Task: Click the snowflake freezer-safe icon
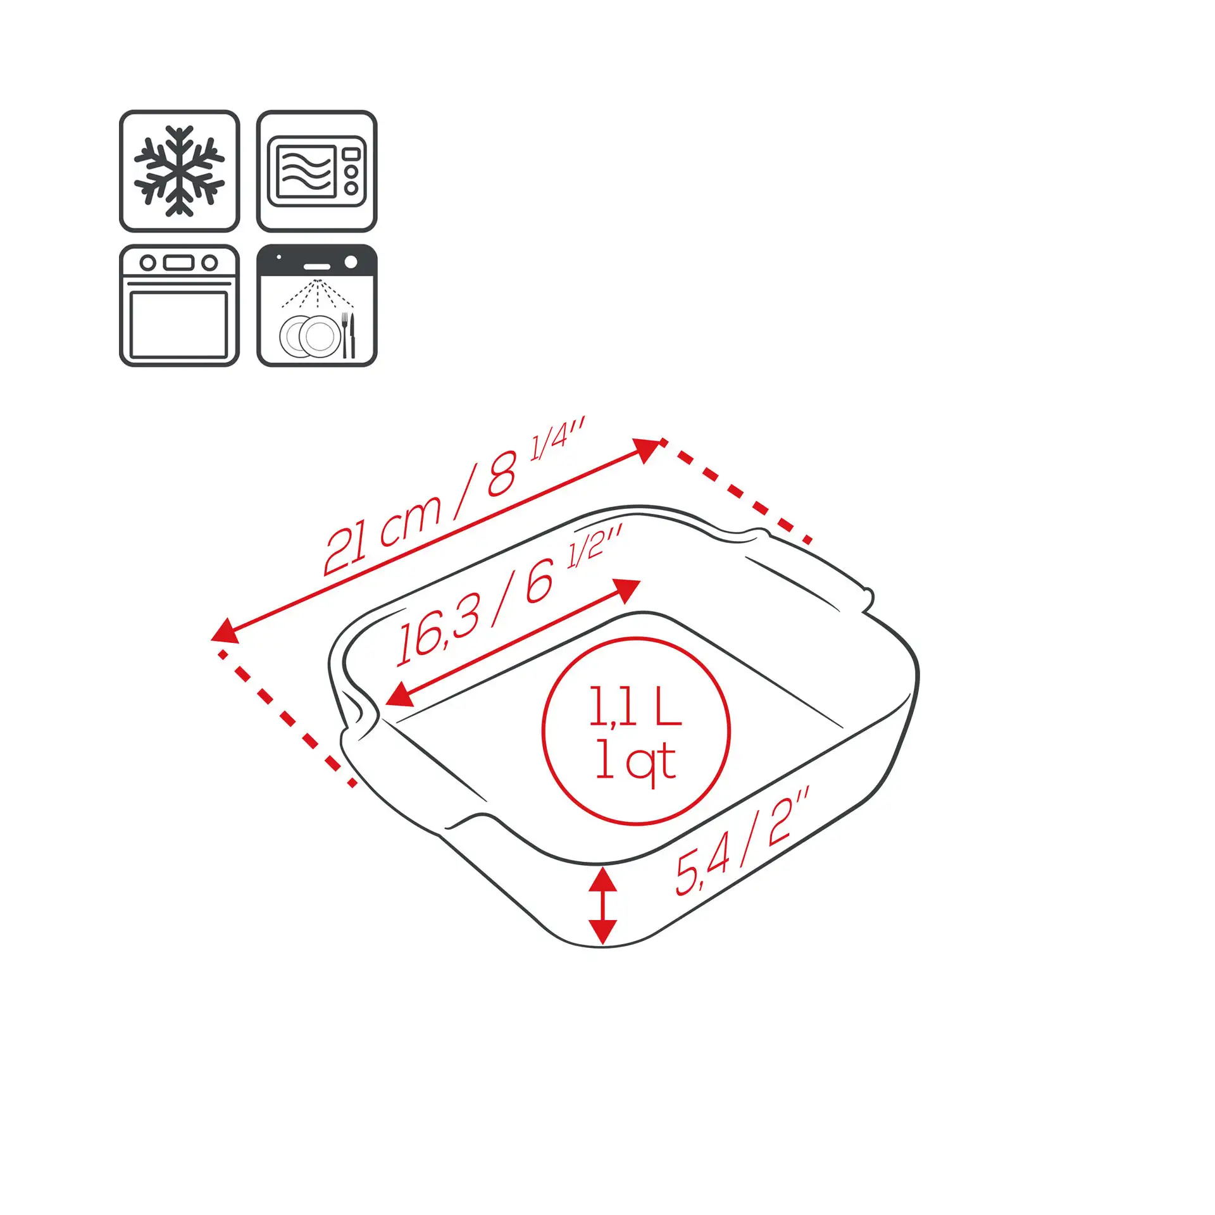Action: point(180,171)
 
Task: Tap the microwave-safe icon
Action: point(316,171)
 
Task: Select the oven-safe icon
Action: point(180,306)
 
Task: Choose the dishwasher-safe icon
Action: point(316,306)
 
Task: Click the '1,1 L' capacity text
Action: point(635,706)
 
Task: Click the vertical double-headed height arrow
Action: point(602,906)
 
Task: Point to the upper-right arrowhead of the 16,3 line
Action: point(626,590)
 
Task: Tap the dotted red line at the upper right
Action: point(736,490)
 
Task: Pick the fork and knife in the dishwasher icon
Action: point(348,335)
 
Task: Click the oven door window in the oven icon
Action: point(179,324)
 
